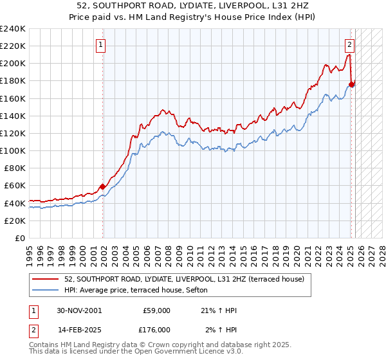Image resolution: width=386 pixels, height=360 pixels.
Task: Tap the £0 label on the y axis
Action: coord(21,238)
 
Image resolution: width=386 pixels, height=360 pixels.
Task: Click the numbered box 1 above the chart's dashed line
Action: coord(102,45)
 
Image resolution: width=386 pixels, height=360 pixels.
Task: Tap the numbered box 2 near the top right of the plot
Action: coord(349,45)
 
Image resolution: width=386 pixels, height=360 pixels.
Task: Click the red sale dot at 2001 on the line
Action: coord(103,186)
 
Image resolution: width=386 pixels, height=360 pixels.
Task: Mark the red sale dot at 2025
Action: coord(352,84)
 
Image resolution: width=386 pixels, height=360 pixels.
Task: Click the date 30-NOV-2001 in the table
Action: coord(78,310)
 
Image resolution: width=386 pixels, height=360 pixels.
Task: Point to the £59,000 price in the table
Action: coord(156,310)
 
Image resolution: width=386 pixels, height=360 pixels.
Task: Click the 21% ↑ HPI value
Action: coord(219,310)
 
